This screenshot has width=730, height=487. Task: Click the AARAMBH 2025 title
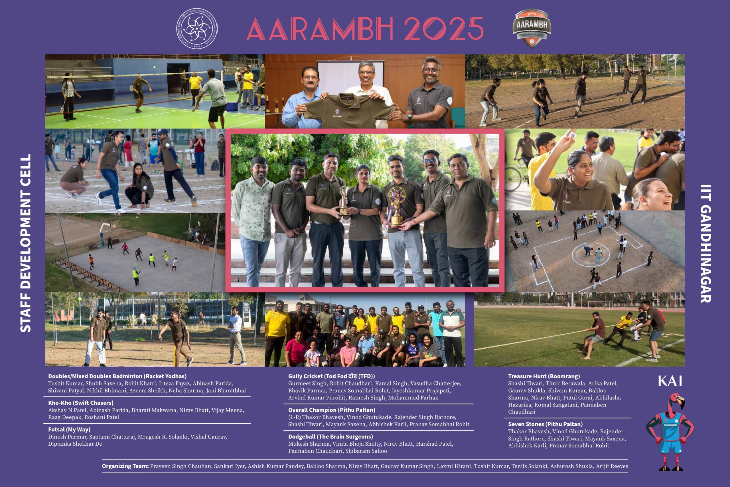pos(365,28)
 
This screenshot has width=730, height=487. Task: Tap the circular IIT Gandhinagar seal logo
pos(197,29)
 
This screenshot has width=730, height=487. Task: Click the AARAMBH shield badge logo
pos(532,28)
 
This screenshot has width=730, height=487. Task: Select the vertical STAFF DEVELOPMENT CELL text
pos(25,243)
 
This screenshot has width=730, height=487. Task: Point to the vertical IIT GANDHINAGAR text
pos(706,244)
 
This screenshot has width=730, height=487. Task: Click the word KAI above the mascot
pos(670,381)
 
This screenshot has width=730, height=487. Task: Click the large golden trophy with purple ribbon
pos(396,206)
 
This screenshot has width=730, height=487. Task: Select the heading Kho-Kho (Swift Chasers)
pos(81,403)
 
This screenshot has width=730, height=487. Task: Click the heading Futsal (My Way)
pos(69,430)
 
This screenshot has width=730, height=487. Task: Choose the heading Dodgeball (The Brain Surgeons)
pos(330,437)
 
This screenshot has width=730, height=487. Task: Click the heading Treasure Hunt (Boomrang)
pos(544,376)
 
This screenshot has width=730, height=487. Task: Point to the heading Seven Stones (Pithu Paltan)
pos(545,424)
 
